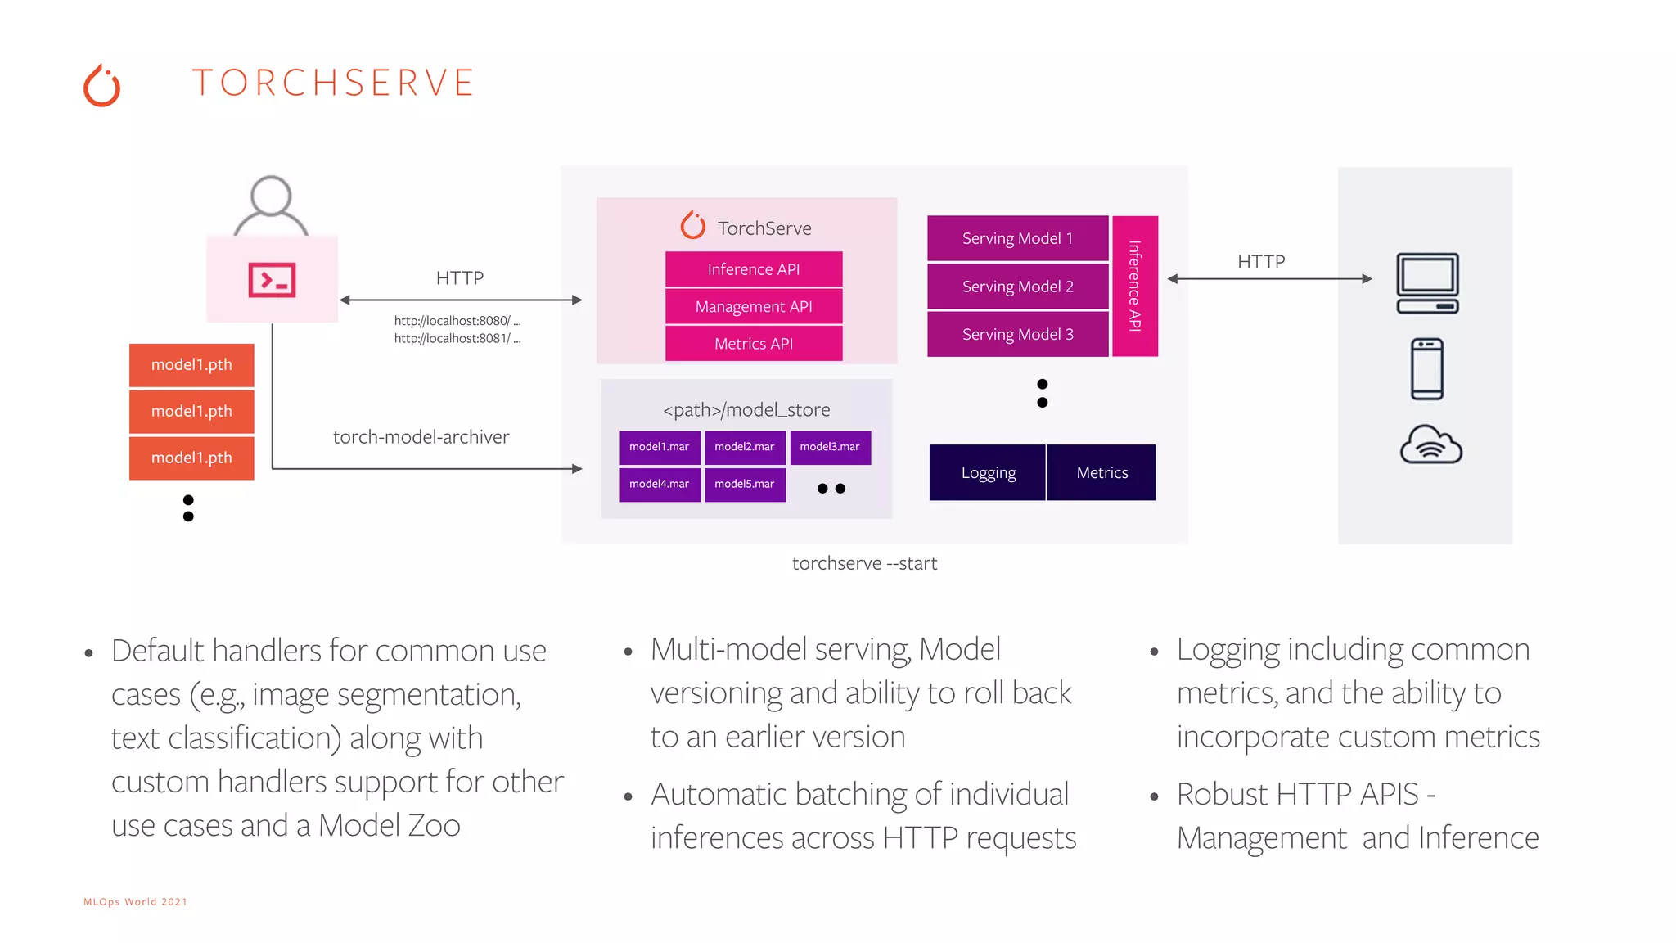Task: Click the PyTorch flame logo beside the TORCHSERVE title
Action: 102,86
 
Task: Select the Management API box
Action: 754,307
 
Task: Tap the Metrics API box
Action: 754,344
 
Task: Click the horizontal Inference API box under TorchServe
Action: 754,269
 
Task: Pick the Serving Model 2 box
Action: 1017,287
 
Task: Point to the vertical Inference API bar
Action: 1135,286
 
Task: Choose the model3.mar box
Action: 830,447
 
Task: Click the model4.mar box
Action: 660,484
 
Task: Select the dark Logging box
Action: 988,472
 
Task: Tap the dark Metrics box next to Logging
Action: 1102,472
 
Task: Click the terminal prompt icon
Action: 272,280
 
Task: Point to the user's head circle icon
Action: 271,196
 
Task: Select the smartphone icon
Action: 1427,369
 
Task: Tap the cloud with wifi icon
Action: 1430,444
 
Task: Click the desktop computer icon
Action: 1427,283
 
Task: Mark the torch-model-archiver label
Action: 421,437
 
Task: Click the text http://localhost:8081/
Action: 453,338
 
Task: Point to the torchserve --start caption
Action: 864,563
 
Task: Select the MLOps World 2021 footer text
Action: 135,901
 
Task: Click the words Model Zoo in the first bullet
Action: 390,825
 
